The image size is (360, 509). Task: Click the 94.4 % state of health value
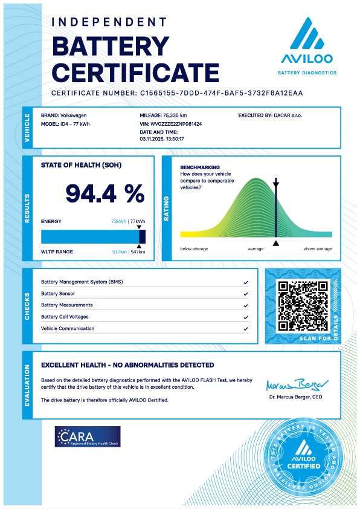[x=104, y=193]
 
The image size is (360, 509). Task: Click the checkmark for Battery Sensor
[x=246, y=294]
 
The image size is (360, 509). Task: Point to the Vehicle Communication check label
[x=68, y=328]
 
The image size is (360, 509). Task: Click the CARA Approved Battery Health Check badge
[x=88, y=436]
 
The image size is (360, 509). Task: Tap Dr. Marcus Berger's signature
[x=297, y=384]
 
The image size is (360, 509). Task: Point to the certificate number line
[x=176, y=93]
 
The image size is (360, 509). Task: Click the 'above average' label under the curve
[x=317, y=249]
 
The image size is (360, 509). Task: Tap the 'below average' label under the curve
[x=194, y=249]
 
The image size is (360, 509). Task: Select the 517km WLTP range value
[x=120, y=251]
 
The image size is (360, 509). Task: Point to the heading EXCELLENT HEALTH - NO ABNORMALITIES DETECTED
[x=127, y=365]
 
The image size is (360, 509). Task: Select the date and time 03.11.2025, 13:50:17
[x=161, y=138]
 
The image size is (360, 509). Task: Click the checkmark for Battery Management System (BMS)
[x=246, y=282]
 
